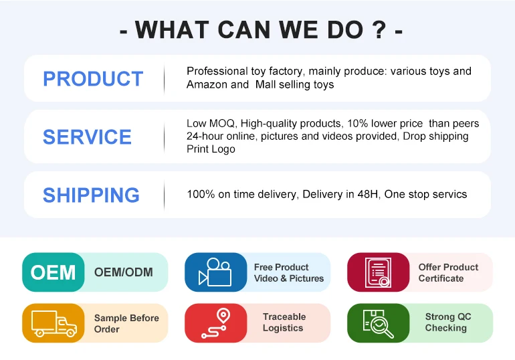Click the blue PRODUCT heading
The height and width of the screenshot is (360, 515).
[x=93, y=79]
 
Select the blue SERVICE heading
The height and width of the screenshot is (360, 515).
[x=87, y=137]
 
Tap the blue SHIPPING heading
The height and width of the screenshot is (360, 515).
[x=91, y=195]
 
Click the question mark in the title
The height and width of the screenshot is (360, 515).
[x=379, y=29]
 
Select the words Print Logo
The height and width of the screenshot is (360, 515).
[x=211, y=149]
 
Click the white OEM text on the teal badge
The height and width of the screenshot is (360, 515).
[x=53, y=272]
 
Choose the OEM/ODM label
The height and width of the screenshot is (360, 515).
[x=124, y=272]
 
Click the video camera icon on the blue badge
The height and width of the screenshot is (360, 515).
[x=215, y=272]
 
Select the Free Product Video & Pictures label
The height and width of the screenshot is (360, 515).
[x=289, y=272]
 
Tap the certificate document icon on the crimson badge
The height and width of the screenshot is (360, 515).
[x=378, y=272]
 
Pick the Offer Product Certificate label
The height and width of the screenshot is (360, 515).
[x=448, y=272]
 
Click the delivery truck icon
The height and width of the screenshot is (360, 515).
[x=54, y=324]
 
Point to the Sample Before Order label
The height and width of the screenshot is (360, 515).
[x=126, y=324]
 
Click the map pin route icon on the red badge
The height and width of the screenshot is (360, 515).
[x=216, y=323]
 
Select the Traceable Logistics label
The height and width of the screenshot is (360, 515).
[x=284, y=323]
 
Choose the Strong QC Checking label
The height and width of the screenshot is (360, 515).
[x=448, y=323]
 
